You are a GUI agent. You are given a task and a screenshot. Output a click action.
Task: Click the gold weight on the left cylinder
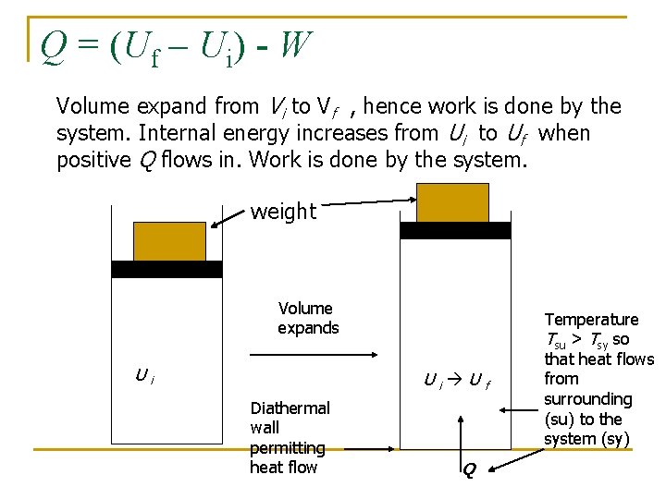pyautogui.click(x=169, y=241)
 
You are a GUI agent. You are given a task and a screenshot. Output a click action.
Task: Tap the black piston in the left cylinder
pyautogui.click(x=167, y=269)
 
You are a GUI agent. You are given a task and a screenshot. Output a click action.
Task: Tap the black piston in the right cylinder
pyautogui.click(x=454, y=230)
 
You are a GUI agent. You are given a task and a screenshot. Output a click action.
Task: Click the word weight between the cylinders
pyautogui.click(x=283, y=212)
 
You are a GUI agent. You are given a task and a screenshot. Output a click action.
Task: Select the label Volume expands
pyautogui.click(x=308, y=318)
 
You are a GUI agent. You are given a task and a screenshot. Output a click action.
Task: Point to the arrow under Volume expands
pyautogui.click(x=310, y=351)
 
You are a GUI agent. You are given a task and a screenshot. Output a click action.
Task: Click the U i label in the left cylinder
pyautogui.click(x=144, y=375)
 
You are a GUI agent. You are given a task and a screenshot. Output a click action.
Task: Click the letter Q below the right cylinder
pyautogui.click(x=468, y=470)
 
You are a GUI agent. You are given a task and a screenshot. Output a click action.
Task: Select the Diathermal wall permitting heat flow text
pyautogui.click(x=289, y=437)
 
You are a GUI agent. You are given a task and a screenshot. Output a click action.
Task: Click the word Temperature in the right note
pyautogui.click(x=592, y=320)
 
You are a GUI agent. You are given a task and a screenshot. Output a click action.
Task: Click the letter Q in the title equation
pyautogui.click(x=54, y=44)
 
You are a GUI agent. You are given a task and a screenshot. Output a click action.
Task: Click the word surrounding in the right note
pyautogui.click(x=587, y=399)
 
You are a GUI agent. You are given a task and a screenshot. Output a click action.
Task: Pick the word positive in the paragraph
pyautogui.click(x=93, y=160)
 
